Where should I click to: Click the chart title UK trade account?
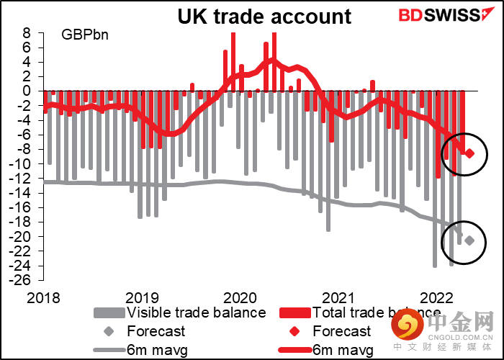[265, 17]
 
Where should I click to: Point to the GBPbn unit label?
[85, 35]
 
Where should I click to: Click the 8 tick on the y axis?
[26, 33]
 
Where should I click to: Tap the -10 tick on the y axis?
[22, 164]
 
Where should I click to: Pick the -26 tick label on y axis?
[22, 280]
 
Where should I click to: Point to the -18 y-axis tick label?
[22, 222]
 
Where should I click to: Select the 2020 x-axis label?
[240, 298]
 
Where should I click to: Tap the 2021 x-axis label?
[338, 298]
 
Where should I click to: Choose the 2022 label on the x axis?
[436, 298]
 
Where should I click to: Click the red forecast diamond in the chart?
[469, 153]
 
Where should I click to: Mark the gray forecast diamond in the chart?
[469, 240]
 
